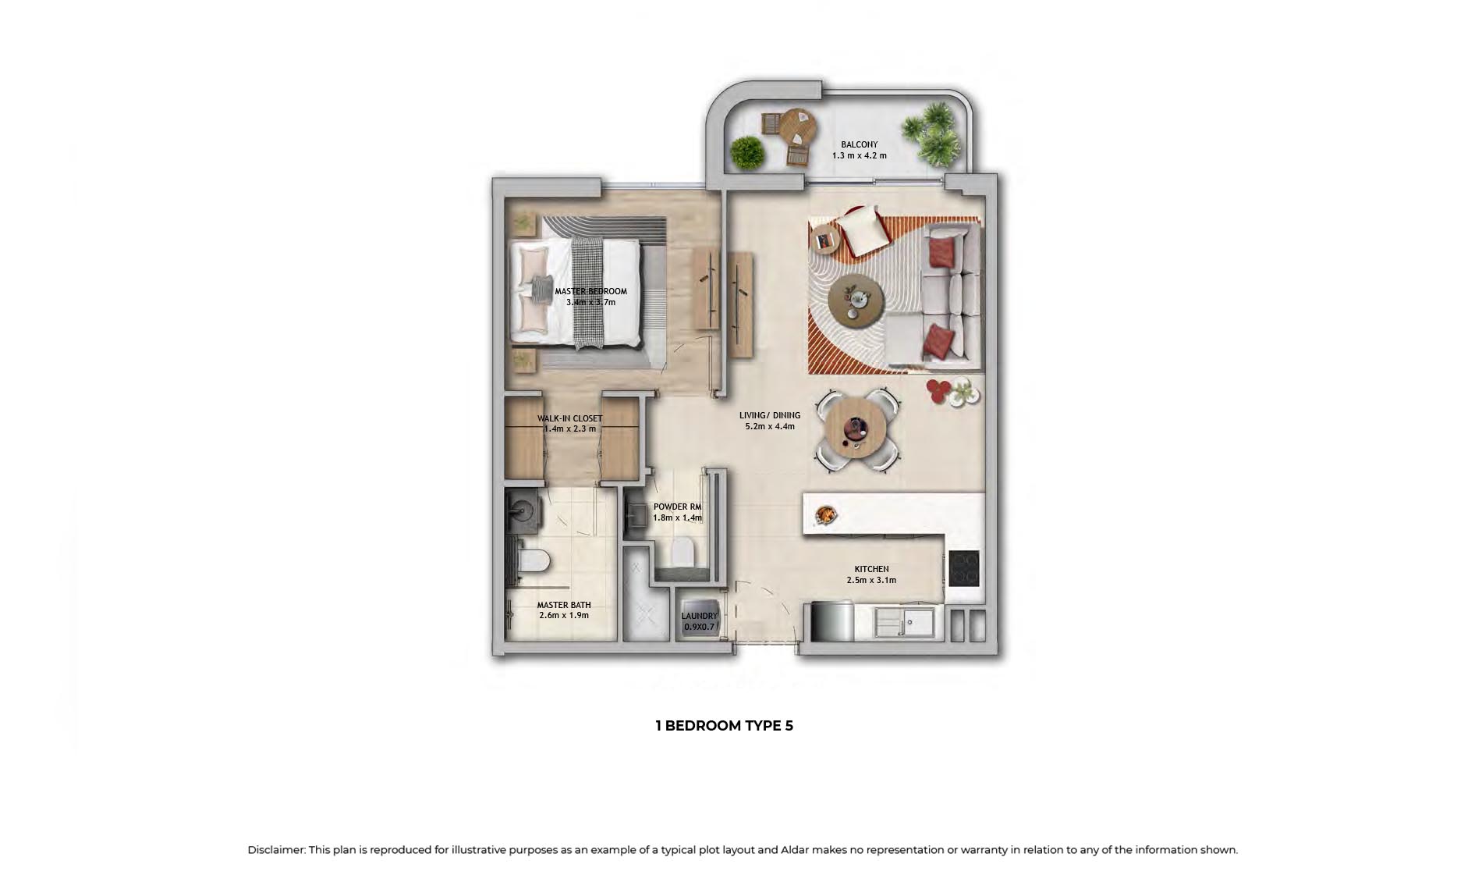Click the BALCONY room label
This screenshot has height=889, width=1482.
pos(859,144)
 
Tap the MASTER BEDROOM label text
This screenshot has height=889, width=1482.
pos(590,291)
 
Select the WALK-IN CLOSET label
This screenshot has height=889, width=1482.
pos(569,418)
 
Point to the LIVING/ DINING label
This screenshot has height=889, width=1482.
pos(769,415)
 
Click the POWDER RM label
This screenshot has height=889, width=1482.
pos(677,507)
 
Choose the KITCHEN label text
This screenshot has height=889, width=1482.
pos(871,569)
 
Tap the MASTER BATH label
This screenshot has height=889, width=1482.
pos(563,605)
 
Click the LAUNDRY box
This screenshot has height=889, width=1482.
pos(698,621)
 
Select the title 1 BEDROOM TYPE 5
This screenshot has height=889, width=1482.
pos(724,726)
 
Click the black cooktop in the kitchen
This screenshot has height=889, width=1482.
pos(964,569)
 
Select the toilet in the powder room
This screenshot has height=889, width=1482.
pos(682,553)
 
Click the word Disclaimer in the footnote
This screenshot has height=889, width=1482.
pos(276,850)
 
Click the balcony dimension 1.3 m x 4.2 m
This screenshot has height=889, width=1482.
pos(859,155)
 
